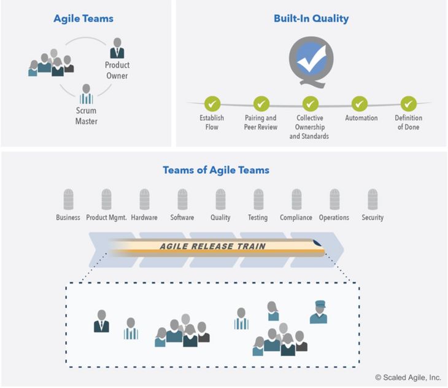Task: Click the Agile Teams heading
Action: click(x=83, y=19)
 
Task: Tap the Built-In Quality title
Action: click(x=311, y=18)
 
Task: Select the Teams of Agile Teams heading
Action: click(x=216, y=170)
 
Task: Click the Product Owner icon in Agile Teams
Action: click(x=117, y=49)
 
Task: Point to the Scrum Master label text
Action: click(x=87, y=115)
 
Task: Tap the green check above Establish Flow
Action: click(x=212, y=104)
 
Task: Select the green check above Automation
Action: click(x=360, y=104)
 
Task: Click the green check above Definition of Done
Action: click(x=409, y=104)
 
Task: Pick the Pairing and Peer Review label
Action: click(x=261, y=122)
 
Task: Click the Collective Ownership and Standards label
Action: click(x=309, y=127)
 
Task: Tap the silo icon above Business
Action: click(x=68, y=199)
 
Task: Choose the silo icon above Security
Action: click(x=373, y=199)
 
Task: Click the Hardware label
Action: click(x=144, y=217)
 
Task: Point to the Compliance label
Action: click(x=296, y=218)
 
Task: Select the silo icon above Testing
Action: click(x=258, y=199)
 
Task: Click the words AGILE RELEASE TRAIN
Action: click(x=213, y=246)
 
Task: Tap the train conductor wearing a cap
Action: click(x=319, y=312)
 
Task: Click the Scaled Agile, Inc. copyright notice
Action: click(x=408, y=378)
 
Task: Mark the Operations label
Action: click(x=334, y=218)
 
